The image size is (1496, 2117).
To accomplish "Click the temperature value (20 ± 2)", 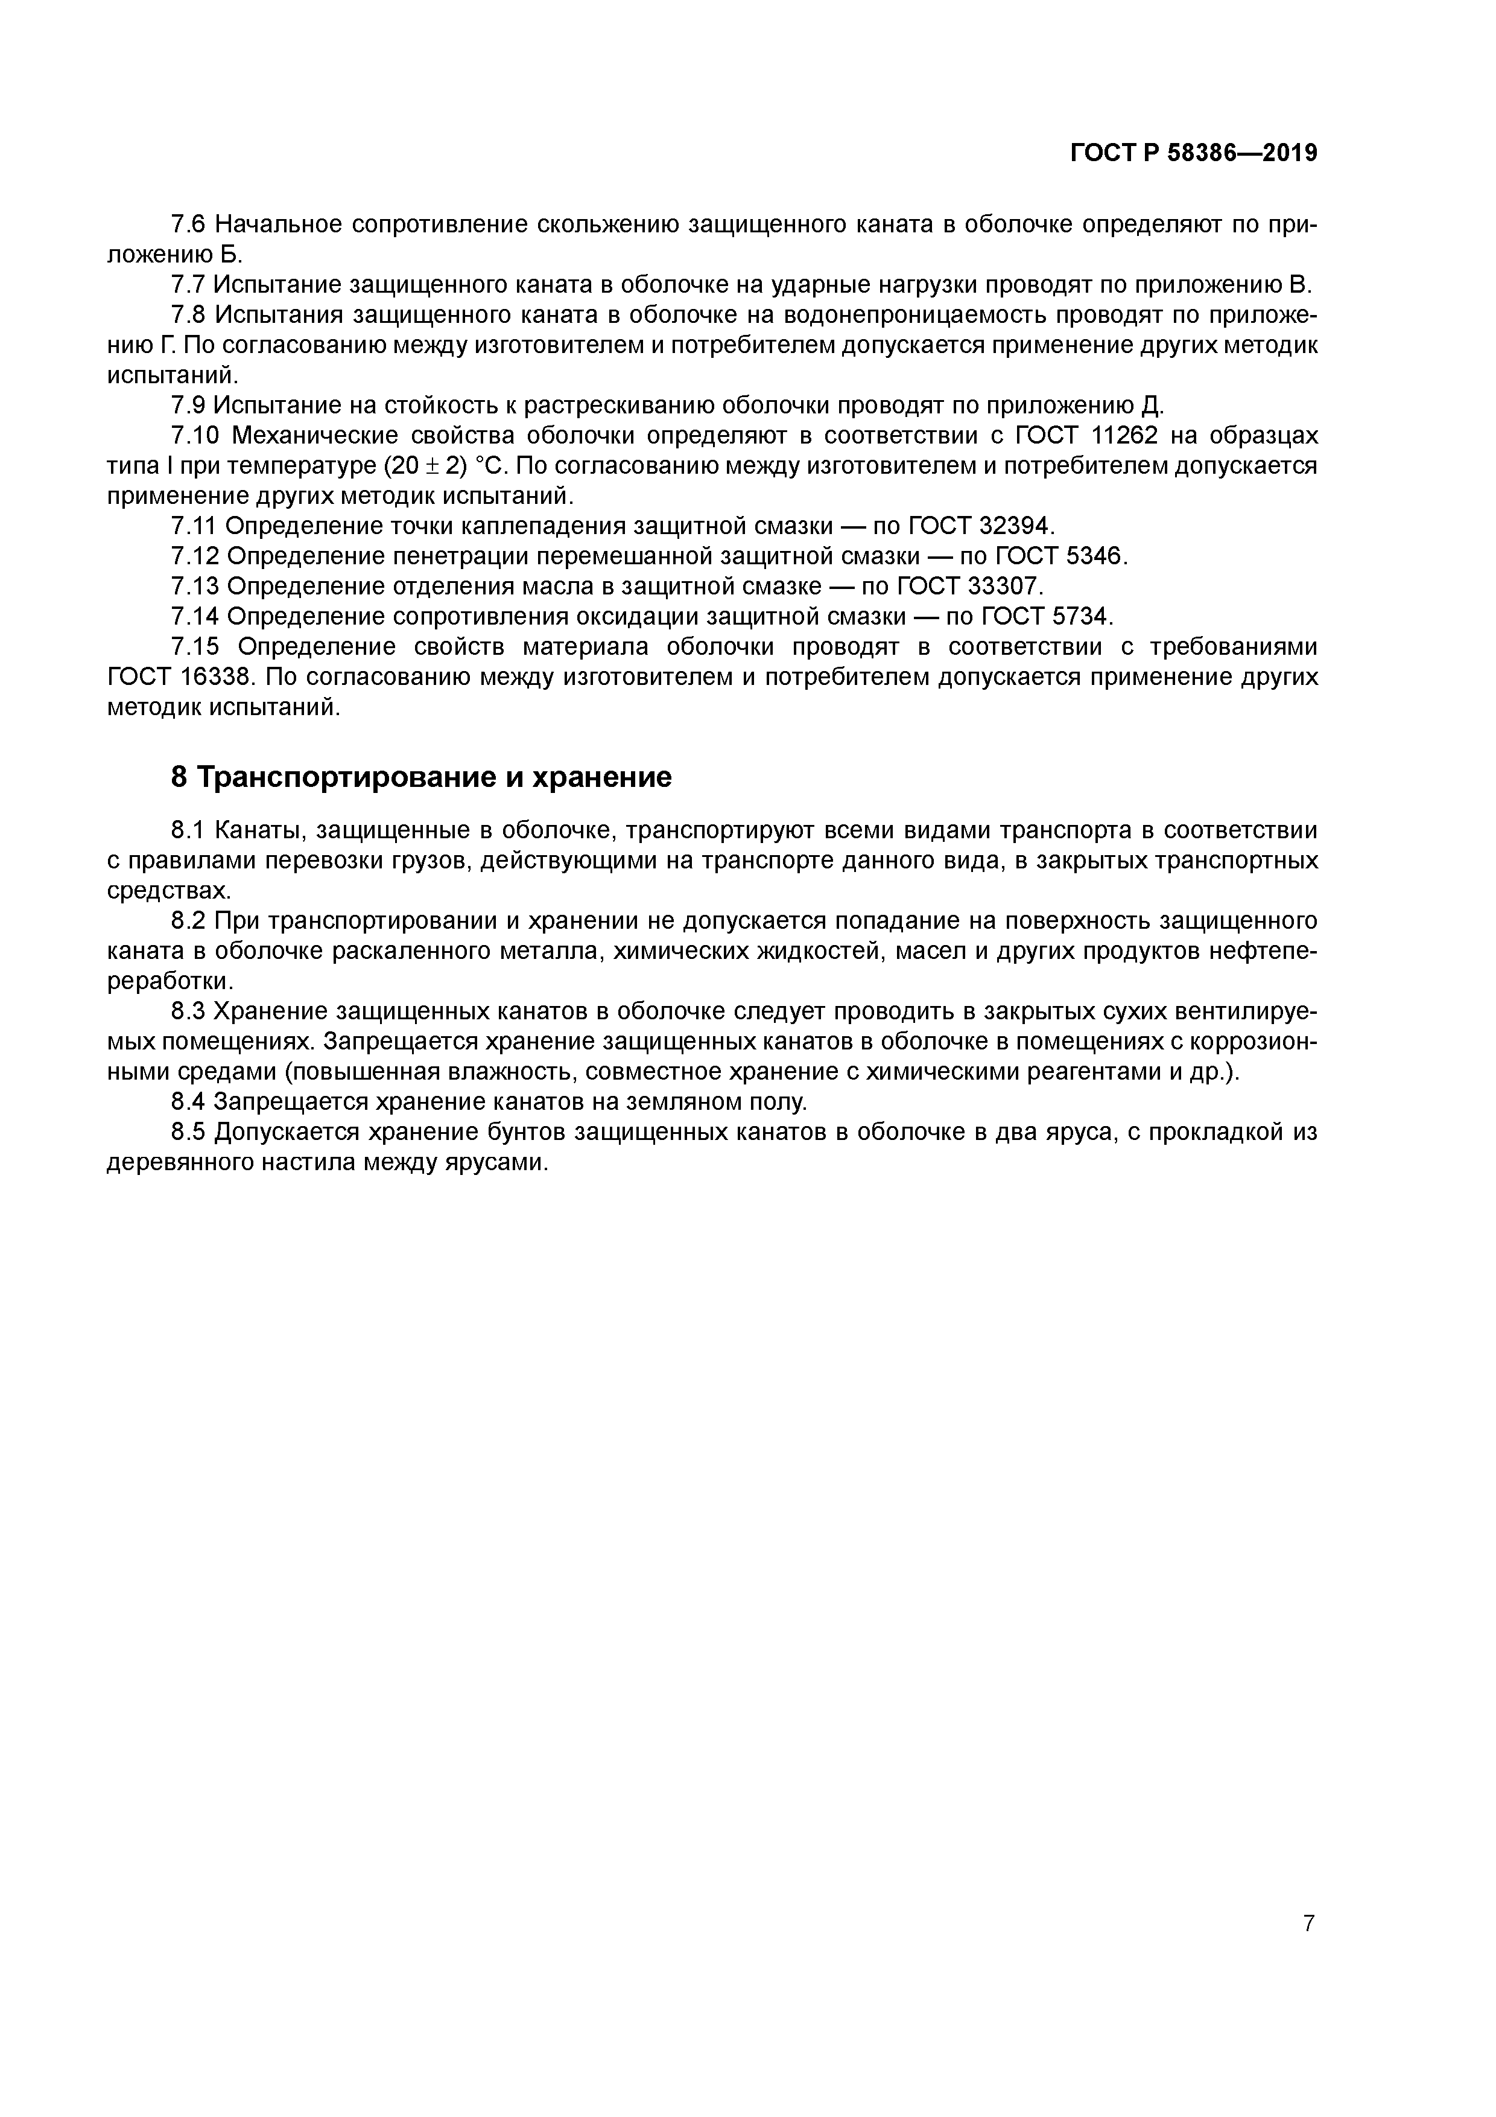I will tap(426, 466).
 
